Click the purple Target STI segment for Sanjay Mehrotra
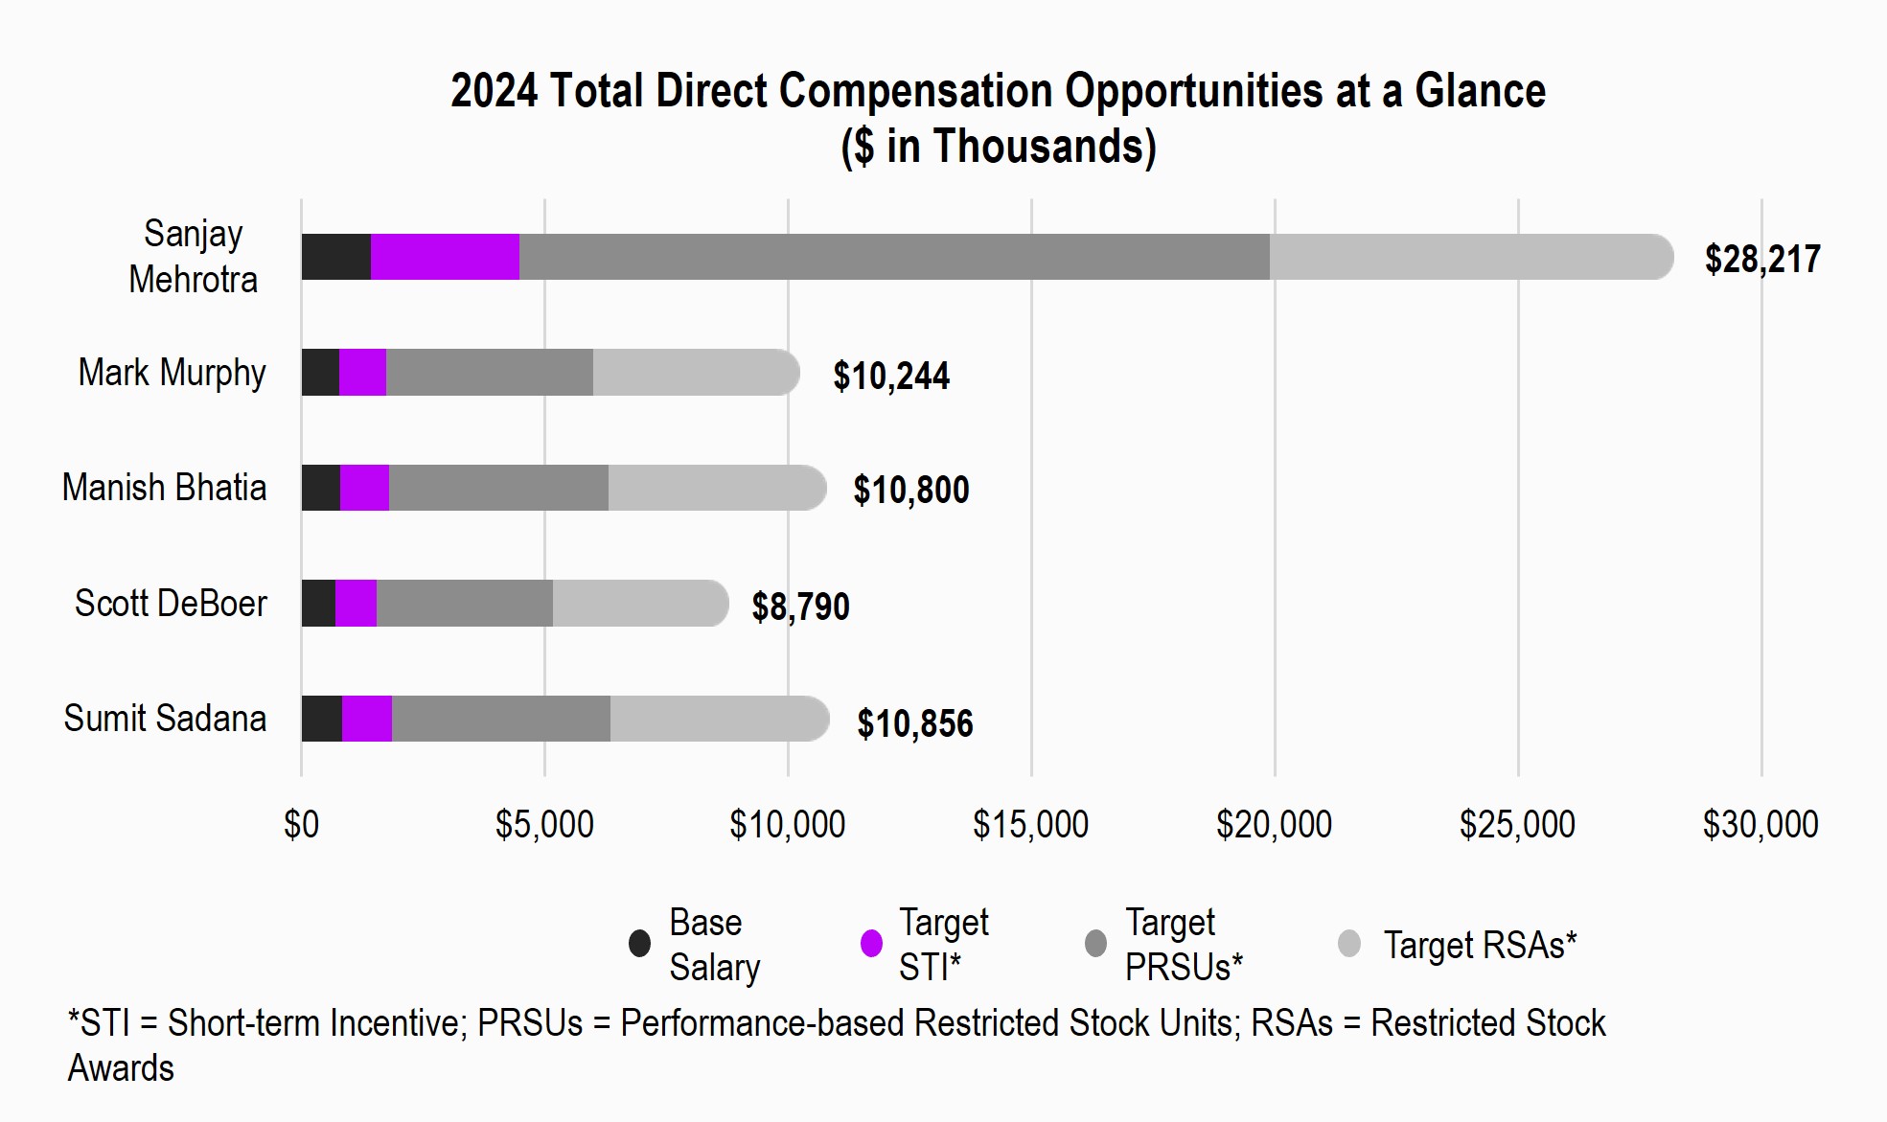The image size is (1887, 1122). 445,257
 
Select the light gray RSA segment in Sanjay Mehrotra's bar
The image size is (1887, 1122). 1470,257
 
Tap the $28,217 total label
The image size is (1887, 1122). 1761,260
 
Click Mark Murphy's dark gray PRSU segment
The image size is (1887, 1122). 489,373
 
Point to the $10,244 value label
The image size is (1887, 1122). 890,376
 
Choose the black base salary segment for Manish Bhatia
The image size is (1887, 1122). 320,488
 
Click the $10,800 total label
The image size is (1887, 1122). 910,491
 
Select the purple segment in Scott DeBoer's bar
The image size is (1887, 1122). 356,604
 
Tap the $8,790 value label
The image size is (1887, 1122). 800,607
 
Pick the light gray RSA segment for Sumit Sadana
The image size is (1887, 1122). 719,719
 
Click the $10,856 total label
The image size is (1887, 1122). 914,723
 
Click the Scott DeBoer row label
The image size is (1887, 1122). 171,604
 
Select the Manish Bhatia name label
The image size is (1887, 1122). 164,488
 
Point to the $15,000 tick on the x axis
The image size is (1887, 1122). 1030,824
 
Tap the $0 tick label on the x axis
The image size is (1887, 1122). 301,824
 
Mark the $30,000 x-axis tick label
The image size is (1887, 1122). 1760,824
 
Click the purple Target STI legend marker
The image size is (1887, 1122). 871,944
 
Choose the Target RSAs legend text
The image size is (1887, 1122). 1479,945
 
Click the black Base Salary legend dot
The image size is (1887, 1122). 639,944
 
